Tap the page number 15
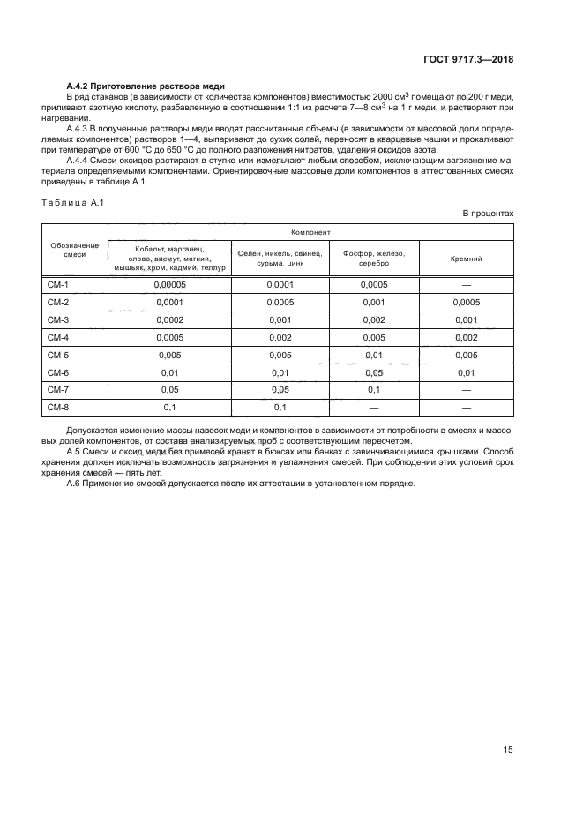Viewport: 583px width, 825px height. pos(508,749)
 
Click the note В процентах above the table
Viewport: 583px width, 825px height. pos(488,214)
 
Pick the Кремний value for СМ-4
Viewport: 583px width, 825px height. pos(466,337)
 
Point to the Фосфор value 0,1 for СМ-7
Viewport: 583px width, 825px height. pos(373,389)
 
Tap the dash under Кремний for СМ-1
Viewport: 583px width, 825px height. pos(466,284)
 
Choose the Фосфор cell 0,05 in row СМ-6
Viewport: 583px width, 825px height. pos(373,372)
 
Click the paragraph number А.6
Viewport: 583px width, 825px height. pos(73,482)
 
